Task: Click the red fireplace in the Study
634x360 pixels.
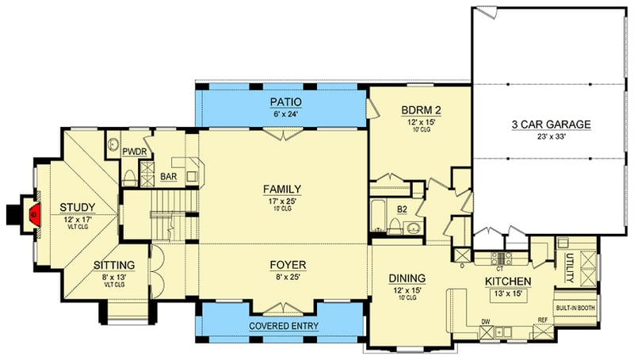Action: pyautogui.click(x=34, y=213)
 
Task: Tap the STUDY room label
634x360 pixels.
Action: pyautogui.click(x=78, y=209)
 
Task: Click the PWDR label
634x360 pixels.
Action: pyautogui.click(x=132, y=151)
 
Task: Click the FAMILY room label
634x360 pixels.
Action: pyautogui.click(x=282, y=189)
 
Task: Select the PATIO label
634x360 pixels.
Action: pyautogui.click(x=282, y=101)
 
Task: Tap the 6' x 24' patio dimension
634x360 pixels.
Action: pyautogui.click(x=282, y=113)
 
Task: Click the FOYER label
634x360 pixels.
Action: pyautogui.click(x=282, y=264)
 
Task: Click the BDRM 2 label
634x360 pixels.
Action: pyautogui.click(x=420, y=112)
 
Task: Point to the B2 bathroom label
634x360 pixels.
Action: pyautogui.click(x=402, y=209)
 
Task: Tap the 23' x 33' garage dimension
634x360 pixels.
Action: pyautogui.click(x=552, y=136)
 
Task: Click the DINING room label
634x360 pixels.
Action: pyautogui.click(x=407, y=278)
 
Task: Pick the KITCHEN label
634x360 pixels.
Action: pyautogui.click(x=507, y=281)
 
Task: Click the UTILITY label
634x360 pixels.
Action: pyautogui.click(x=569, y=262)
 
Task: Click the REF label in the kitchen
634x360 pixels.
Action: pyautogui.click(x=543, y=320)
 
